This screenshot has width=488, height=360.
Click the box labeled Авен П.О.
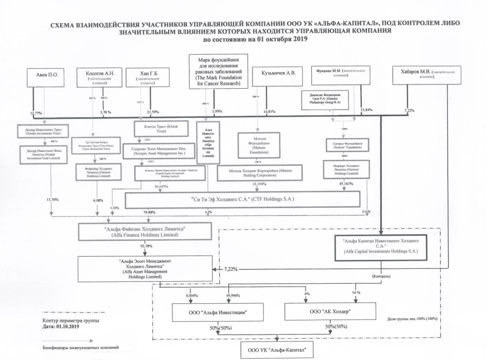46,76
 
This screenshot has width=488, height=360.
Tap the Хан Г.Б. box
150,77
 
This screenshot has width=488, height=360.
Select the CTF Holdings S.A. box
242,200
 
